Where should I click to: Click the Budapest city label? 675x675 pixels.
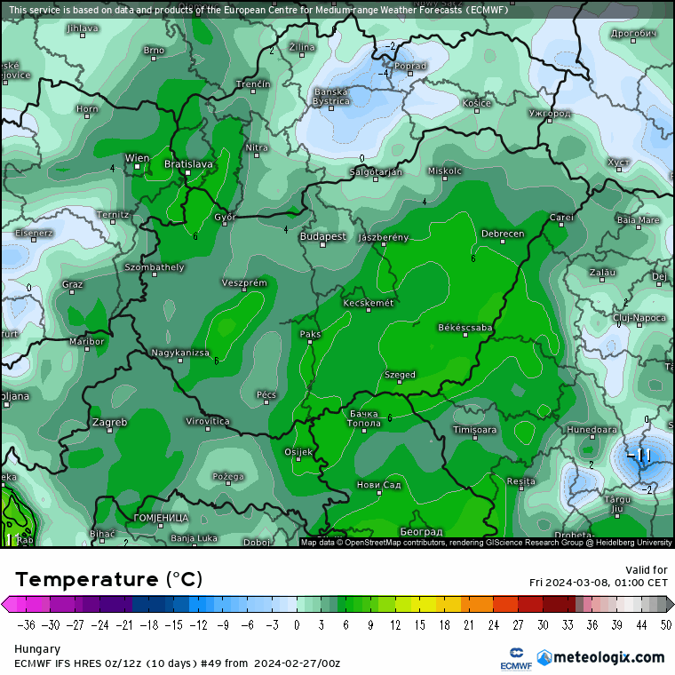tap(323, 237)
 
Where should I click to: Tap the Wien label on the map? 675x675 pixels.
tap(137, 158)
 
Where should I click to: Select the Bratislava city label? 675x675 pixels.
tap(188, 164)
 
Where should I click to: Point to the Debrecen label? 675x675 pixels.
tap(503, 234)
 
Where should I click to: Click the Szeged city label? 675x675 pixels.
tap(400, 375)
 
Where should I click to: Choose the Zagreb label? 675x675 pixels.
tap(109, 422)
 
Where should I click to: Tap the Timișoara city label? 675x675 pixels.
tap(475, 430)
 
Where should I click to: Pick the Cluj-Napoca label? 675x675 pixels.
tap(639, 317)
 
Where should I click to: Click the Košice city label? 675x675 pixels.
tap(476, 104)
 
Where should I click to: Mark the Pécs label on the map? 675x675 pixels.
tap(266, 394)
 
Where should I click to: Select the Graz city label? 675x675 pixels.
tap(73, 285)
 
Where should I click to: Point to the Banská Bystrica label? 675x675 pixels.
tap(332, 97)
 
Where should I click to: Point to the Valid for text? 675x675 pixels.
tap(647, 570)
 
